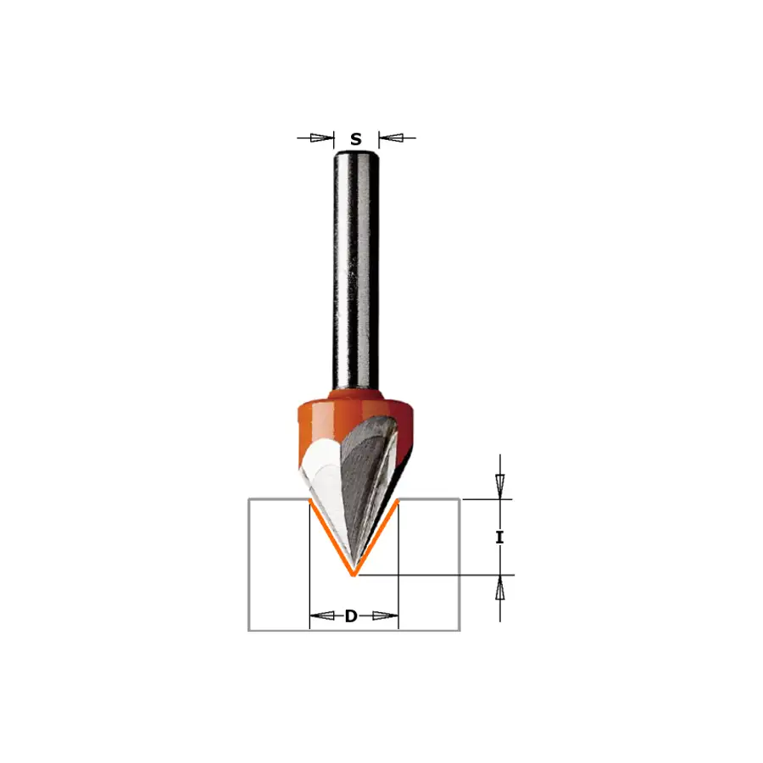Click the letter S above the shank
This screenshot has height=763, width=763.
pyautogui.click(x=356, y=139)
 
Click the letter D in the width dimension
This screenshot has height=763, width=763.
pyautogui.click(x=351, y=616)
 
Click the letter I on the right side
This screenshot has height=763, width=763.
pyautogui.click(x=499, y=537)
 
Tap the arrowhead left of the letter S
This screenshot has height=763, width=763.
pyautogui.click(x=323, y=137)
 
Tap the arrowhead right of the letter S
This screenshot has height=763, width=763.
pyautogui.click(x=391, y=137)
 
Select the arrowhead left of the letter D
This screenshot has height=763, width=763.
pyautogui.click(x=322, y=616)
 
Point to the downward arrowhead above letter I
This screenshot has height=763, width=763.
pyautogui.click(x=499, y=487)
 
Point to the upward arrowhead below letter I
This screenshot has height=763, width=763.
pyautogui.click(x=499, y=588)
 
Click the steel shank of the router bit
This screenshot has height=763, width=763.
pyautogui.click(x=356, y=272)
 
